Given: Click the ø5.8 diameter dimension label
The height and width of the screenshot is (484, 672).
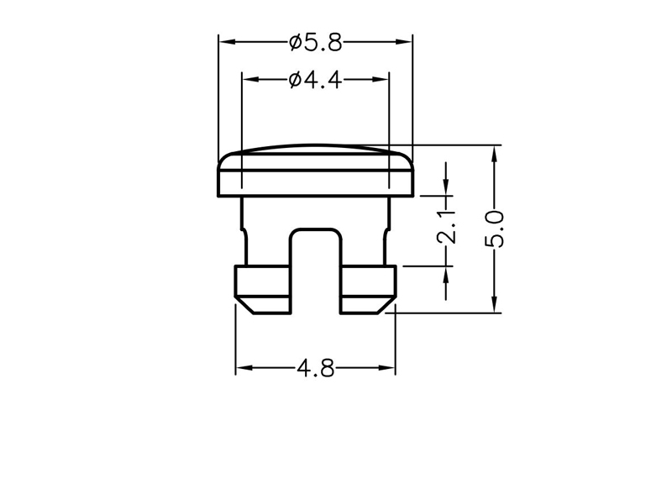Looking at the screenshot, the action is (316, 43).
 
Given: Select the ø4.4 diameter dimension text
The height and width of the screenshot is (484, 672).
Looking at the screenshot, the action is (316, 80).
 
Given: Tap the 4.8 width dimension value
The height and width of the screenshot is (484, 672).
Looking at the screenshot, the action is (316, 368).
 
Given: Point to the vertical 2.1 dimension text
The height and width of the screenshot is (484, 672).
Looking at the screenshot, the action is (447, 227).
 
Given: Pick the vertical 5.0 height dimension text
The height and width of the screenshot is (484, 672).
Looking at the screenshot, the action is (494, 229).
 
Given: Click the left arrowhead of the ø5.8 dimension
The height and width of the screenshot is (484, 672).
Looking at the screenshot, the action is (227, 42).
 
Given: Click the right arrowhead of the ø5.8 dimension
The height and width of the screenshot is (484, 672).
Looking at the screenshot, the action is (404, 42).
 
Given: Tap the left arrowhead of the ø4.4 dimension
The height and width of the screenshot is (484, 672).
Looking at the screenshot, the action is (250, 80).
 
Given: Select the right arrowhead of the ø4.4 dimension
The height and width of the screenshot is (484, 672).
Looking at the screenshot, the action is (381, 80).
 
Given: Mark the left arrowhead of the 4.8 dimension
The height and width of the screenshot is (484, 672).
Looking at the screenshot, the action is (244, 368).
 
